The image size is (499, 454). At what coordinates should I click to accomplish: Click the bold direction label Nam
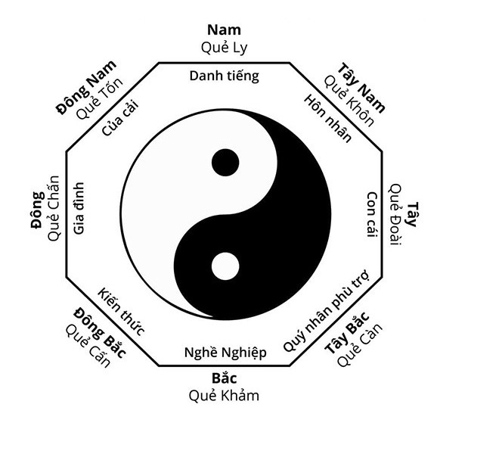[x=224, y=30]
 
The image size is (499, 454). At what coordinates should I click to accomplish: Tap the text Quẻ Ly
[x=224, y=47]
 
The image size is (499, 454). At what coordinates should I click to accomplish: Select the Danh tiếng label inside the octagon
[x=224, y=76]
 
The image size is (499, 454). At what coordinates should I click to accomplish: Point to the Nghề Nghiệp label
[x=225, y=353]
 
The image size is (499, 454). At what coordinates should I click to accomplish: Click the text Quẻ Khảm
[x=225, y=394]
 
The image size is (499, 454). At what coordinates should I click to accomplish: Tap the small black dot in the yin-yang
[x=225, y=162]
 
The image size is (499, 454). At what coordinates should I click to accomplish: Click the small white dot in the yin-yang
[x=225, y=266]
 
